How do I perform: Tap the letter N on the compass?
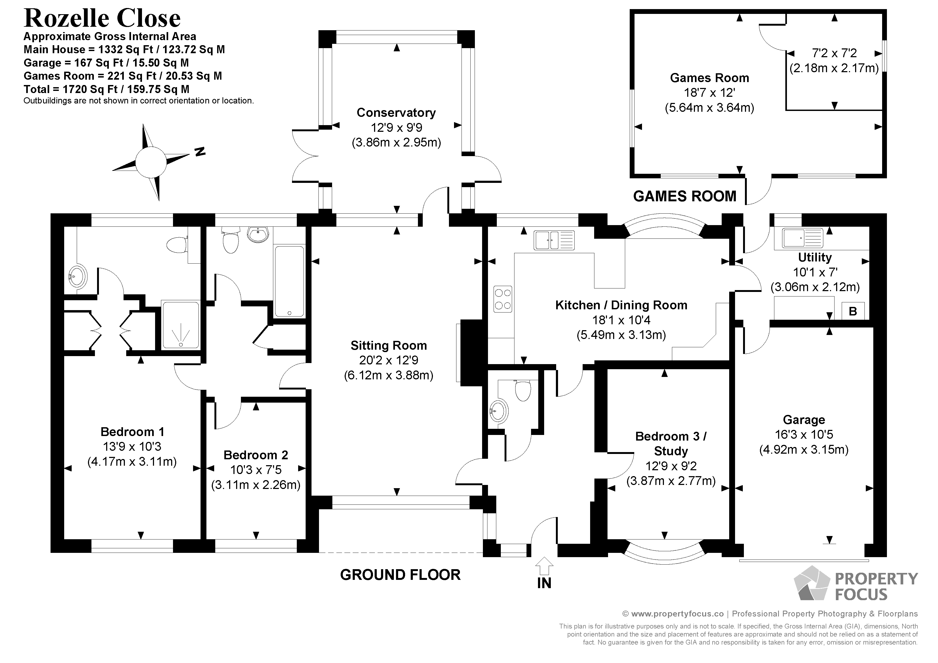click(x=199, y=152)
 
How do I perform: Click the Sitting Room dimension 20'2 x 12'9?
click(x=389, y=360)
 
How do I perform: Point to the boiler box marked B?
click(x=853, y=311)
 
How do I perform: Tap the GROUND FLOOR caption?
click(x=400, y=575)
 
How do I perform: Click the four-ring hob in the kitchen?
click(x=502, y=299)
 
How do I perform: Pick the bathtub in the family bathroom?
click(x=289, y=281)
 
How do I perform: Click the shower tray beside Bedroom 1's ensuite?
click(x=180, y=325)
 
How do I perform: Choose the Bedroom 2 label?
click(x=256, y=455)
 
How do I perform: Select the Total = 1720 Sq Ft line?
click(x=106, y=89)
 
